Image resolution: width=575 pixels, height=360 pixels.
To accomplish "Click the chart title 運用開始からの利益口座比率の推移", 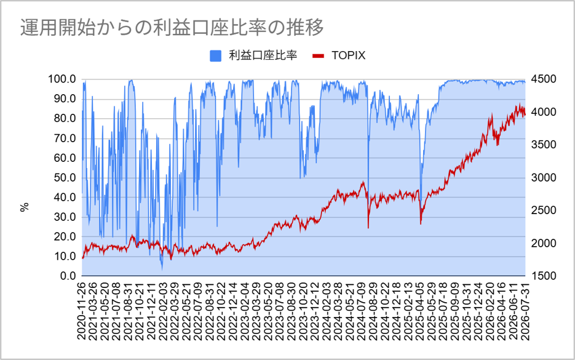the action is pyautogui.click(x=172, y=28).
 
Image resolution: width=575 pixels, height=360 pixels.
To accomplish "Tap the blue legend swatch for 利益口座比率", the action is pyautogui.click(x=216, y=56).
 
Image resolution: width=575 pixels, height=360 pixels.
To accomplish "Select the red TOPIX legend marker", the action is pyautogui.click(x=318, y=56).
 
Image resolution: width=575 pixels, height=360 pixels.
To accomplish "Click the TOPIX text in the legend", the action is pyautogui.click(x=348, y=55).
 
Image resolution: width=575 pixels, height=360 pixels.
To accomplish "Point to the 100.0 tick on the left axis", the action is pyautogui.click(x=62, y=79).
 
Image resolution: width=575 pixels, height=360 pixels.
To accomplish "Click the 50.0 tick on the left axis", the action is pyautogui.click(x=65, y=178).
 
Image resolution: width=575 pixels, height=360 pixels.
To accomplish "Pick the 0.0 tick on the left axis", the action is pyautogui.click(x=68, y=276).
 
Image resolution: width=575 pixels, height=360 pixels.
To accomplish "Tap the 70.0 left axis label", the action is pyautogui.click(x=65, y=138).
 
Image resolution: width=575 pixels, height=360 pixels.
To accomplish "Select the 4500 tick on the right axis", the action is pyautogui.click(x=544, y=79).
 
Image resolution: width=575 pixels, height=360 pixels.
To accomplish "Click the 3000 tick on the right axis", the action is pyautogui.click(x=544, y=178).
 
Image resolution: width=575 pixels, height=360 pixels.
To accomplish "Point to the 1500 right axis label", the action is pyautogui.click(x=544, y=276).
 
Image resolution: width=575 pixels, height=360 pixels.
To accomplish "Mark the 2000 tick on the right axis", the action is pyautogui.click(x=544, y=243).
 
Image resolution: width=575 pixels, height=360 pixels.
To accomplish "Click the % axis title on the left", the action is pyautogui.click(x=25, y=207).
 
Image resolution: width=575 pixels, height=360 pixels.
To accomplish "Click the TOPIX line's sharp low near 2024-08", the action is pyautogui.click(x=368, y=228).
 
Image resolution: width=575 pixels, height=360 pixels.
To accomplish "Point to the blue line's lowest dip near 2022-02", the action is pyautogui.click(x=162, y=270).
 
